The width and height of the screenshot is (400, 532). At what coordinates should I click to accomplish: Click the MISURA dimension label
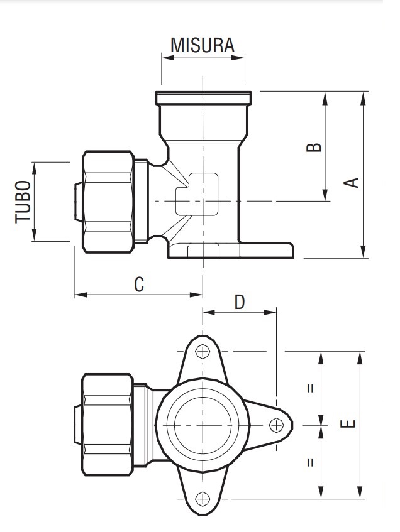coord(203,45)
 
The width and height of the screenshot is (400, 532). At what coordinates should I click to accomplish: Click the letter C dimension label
coord(139,284)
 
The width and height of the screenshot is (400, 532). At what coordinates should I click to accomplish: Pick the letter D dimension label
coord(240,302)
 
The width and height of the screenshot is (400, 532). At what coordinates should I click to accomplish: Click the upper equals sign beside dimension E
coord(310,388)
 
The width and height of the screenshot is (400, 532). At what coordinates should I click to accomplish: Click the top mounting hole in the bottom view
coord(203,352)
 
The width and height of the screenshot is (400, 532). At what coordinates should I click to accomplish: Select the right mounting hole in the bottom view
coord(275,425)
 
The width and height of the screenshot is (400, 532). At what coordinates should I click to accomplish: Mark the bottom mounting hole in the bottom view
coord(203,499)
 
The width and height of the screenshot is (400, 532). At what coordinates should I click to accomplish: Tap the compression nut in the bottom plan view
coord(107,425)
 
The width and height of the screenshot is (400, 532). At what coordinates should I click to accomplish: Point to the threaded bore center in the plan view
coord(203,425)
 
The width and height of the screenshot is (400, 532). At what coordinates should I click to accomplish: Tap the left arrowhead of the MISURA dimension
coord(165,58)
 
